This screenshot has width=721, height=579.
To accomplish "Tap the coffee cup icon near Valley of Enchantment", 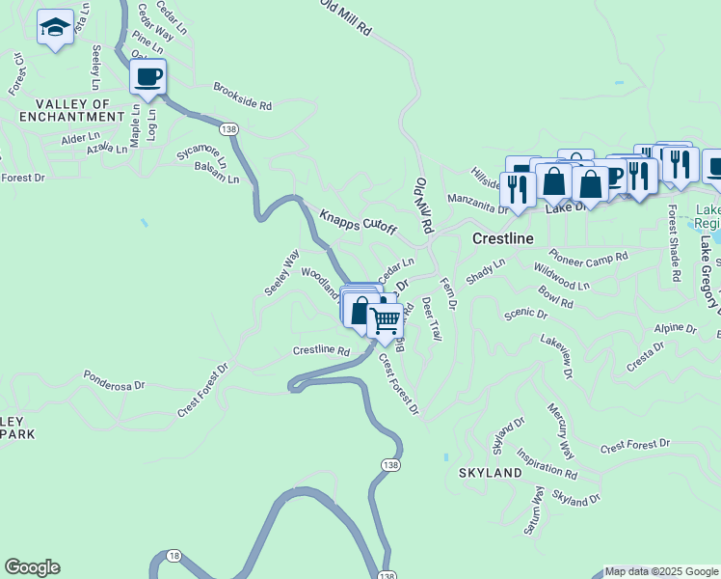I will (x=147, y=76).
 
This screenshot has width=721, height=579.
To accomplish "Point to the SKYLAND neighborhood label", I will (x=490, y=473).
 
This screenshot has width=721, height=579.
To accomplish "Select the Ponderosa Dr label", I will (x=114, y=379).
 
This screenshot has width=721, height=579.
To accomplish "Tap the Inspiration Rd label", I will (x=546, y=464).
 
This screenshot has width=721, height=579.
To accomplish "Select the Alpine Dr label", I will (x=675, y=328).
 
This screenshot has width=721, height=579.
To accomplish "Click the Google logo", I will (x=32, y=567).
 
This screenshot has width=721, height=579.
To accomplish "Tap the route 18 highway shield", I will (x=174, y=555).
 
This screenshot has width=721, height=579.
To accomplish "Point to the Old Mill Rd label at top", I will (x=346, y=16).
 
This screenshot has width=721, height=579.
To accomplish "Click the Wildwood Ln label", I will (x=561, y=278).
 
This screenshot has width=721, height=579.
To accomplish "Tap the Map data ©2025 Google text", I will (x=661, y=571).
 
